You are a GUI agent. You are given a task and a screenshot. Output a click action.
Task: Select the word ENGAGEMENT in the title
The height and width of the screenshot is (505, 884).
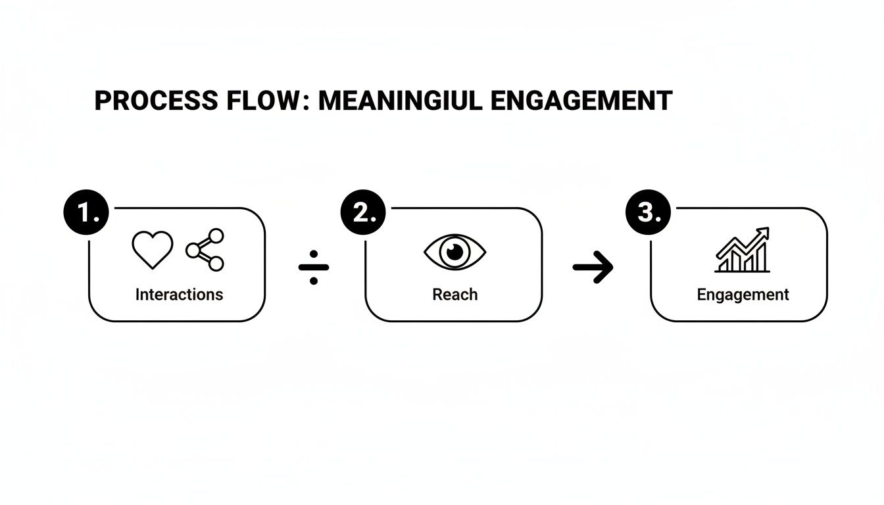tap(581, 101)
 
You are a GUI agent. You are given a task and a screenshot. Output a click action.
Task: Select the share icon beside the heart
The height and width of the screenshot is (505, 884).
tap(205, 250)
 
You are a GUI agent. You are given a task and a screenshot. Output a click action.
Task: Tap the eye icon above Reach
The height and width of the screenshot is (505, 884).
tap(454, 252)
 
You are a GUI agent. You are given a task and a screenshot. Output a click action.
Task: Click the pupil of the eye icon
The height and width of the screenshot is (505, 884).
tap(454, 251)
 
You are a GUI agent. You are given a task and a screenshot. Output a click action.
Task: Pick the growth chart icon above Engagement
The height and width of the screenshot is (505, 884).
tap(742, 251)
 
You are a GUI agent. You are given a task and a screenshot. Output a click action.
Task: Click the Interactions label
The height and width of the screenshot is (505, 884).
tap(179, 295)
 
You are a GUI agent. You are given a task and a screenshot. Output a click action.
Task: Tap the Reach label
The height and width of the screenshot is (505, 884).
tap(454, 295)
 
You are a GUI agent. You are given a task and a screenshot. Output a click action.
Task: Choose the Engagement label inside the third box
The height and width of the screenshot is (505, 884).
tap(743, 295)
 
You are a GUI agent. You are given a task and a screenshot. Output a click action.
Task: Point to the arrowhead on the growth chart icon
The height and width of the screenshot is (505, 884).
tap(763, 233)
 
